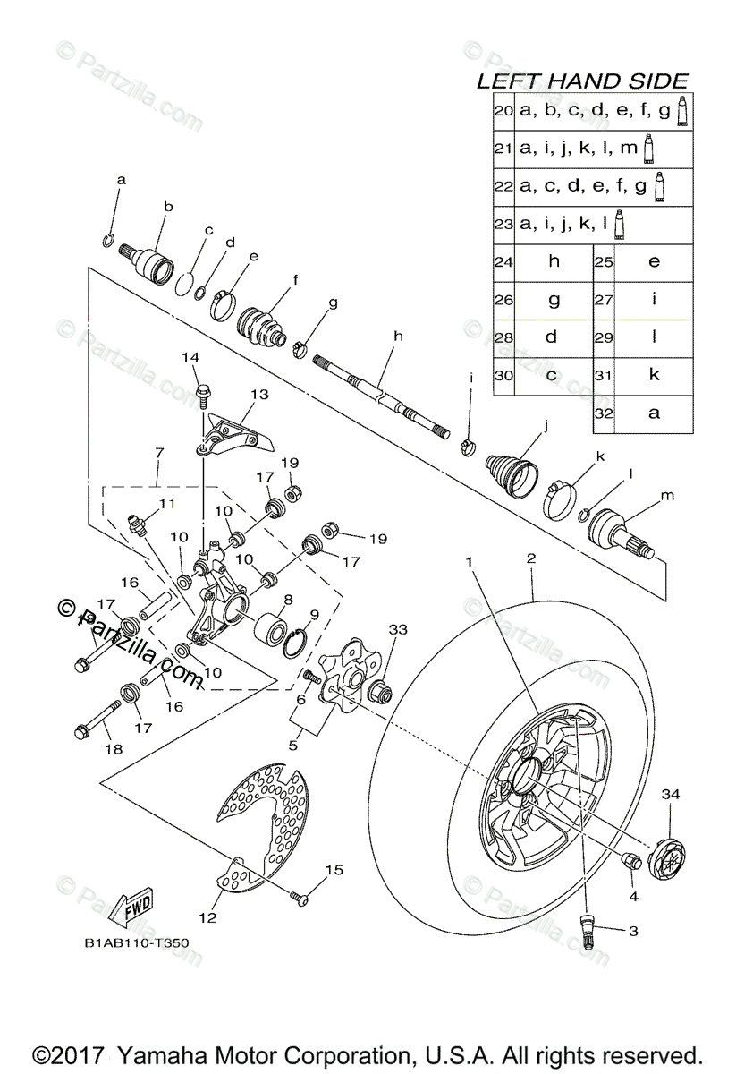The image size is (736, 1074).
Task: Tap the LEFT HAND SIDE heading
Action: pyautogui.click(x=582, y=81)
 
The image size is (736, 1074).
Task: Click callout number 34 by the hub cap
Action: pyautogui.click(x=671, y=793)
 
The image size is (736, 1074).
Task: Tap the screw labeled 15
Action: pyautogui.click(x=299, y=894)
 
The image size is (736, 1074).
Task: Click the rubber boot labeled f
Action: pyautogui.click(x=261, y=326)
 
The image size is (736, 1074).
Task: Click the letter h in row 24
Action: pyautogui.click(x=552, y=262)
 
